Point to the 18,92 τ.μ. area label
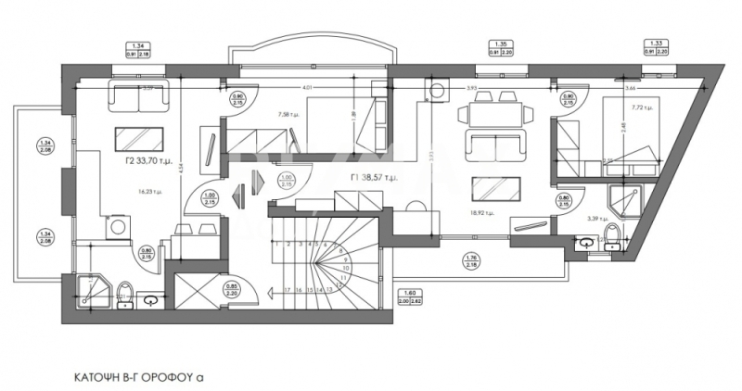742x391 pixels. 481,212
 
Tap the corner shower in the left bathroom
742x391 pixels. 92,288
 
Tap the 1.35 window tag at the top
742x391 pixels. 501,46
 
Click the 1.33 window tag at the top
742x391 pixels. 656,46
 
